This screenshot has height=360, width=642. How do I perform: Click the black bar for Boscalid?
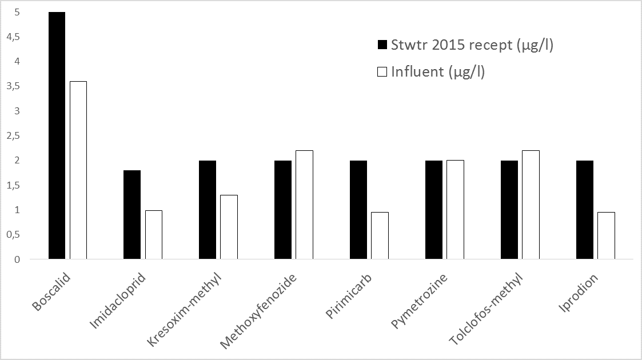pyautogui.click(x=57, y=135)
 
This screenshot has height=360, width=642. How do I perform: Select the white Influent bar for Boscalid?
pyautogui.click(x=78, y=170)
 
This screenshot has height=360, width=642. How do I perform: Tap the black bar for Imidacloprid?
pyautogui.click(x=132, y=215)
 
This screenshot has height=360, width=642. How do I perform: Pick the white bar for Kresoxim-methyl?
pyautogui.click(x=229, y=227)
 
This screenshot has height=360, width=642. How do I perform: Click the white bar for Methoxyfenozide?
pyautogui.click(x=304, y=205)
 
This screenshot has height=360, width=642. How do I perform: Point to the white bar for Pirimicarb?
pyautogui.click(x=380, y=235)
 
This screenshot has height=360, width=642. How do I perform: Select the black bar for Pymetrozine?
pyautogui.click(x=434, y=210)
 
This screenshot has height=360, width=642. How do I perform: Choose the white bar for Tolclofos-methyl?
pyautogui.click(x=531, y=205)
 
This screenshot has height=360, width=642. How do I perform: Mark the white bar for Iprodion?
pyautogui.click(x=606, y=235)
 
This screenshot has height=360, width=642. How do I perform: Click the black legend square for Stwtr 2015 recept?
pyautogui.click(x=382, y=45)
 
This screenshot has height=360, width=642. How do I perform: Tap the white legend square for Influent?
pyautogui.click(x=382, y=72)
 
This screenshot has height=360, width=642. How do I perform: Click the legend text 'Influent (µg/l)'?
pyautogui.click(x=438, y=72)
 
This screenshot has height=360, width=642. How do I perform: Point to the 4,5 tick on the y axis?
pyautogui.click(x=13, y=37)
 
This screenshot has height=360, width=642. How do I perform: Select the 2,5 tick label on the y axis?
pyautogui.click(x=13, y=136)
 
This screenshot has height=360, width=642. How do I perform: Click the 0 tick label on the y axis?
pyautogui.click(x=17, y=259)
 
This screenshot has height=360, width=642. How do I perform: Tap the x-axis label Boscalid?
pyautogui.click(x=51, y=291)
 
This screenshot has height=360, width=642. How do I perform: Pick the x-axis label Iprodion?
pyautogui.click(x=579, y=292)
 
